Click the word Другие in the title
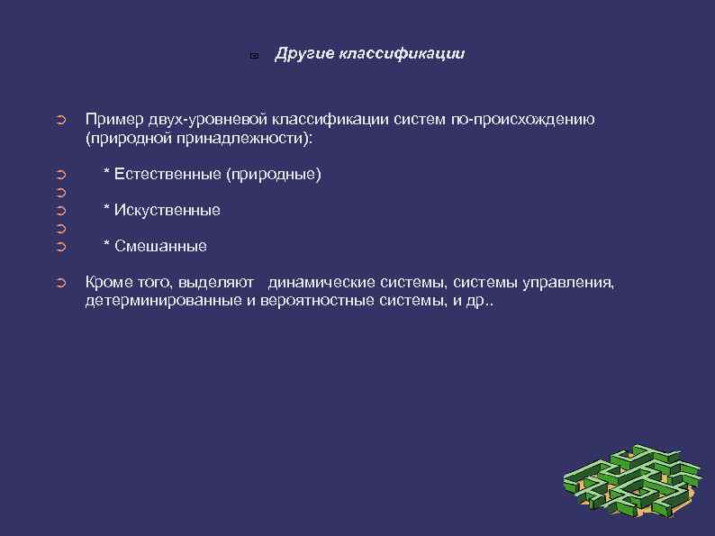304,54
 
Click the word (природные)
274,174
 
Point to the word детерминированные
163,301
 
